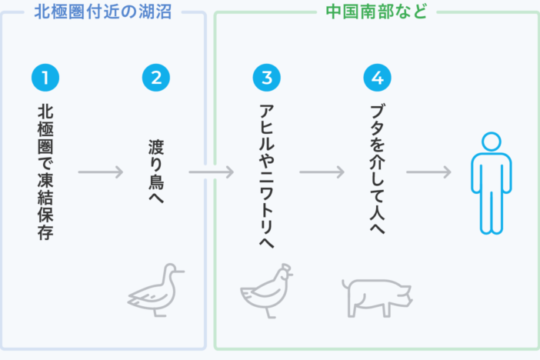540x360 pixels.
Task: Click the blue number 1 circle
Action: (45, 78)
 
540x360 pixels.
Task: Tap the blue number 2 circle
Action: (156, 78)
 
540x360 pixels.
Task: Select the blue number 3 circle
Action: (267, 78)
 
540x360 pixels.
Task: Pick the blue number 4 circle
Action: (377, 78)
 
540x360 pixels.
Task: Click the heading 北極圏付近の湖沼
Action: (102, 12)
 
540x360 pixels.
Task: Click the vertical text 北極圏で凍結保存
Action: (45, 171)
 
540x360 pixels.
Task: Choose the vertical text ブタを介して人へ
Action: (377, 171)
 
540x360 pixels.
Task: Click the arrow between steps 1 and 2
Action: (101, 172)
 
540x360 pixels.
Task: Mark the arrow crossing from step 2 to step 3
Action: (212, 172)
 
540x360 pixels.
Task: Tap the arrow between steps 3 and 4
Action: (322, 172)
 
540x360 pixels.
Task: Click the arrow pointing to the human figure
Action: (428, 172)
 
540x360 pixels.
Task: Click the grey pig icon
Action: (376, 296)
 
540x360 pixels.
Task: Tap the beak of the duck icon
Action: (181, 272)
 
